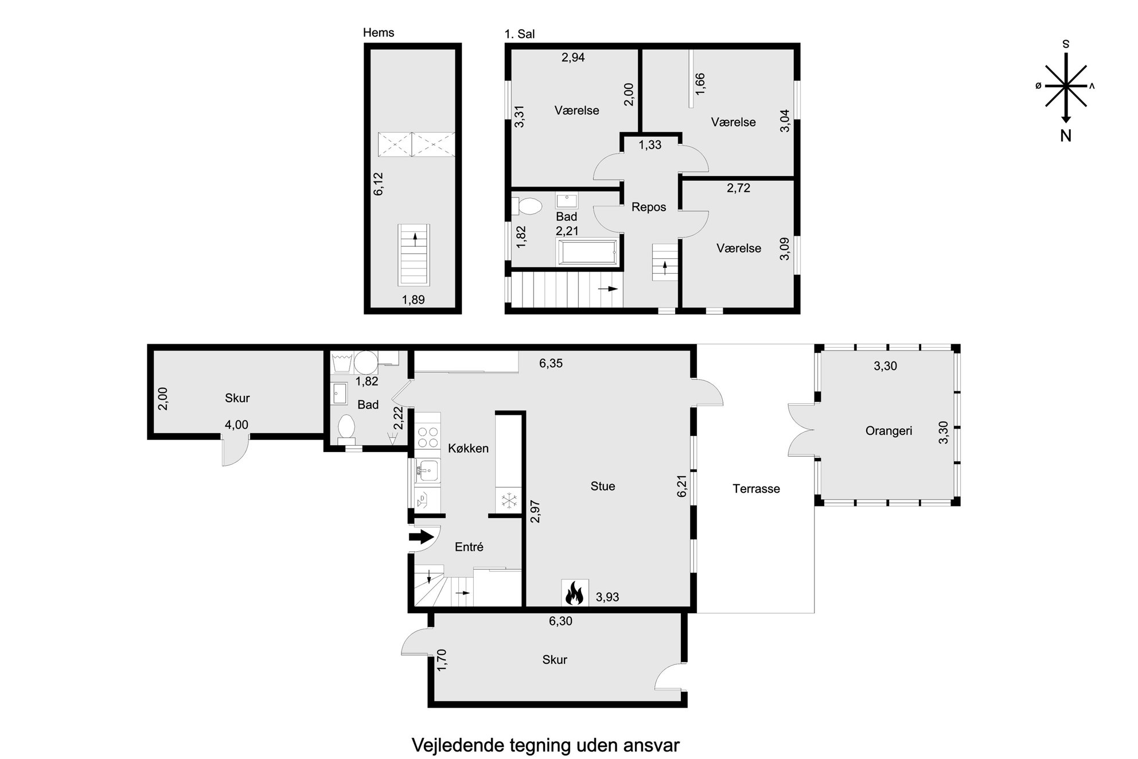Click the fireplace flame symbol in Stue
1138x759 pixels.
(574, 593)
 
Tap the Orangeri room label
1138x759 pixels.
(888, 431)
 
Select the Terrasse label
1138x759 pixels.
(756, 489)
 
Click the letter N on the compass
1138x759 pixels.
(1066, 135)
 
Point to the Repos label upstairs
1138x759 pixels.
(649, 207)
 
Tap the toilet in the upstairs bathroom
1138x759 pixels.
(527, 206)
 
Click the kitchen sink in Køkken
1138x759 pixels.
(427, 472)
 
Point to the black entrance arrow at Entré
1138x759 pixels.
(421, 537)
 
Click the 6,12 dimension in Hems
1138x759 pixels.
(378, 184)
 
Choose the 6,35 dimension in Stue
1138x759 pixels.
(551, 363)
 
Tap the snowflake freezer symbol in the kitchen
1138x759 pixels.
(509, 500)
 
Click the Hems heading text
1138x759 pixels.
(379, 33)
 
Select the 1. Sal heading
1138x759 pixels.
(520, 34)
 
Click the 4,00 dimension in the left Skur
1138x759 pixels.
(236, 425)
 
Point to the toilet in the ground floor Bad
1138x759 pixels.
(346, 429)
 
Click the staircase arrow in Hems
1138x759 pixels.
(415, 239)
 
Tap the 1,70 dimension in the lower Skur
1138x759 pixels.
(442, 660)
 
